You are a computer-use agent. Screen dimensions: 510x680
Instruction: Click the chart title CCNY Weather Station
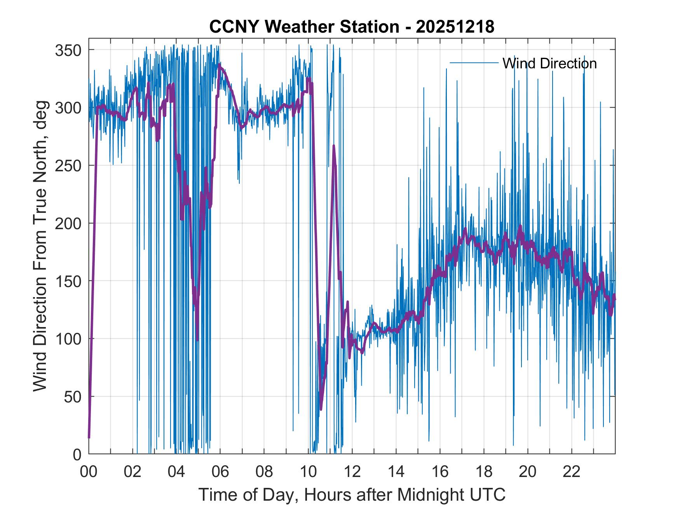pos(352,27)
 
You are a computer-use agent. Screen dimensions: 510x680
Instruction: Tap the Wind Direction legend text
pos(549,63)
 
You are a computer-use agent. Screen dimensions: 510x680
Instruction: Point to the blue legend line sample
pos(474,63)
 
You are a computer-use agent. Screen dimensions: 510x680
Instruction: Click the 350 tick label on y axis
pos(68,50)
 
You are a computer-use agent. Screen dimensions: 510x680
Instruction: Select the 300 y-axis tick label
pos(68,108)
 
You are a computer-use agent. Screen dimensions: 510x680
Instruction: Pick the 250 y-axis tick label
pos(68,165)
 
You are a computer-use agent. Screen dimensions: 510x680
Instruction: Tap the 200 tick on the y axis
pos(68,223)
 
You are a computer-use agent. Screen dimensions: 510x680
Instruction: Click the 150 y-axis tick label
pos(68,281)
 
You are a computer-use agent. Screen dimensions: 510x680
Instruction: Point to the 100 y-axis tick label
pos(68,339)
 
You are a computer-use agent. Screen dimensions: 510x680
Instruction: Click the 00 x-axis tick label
pos(89,472)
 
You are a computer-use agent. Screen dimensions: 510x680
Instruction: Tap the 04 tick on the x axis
pos(176,472)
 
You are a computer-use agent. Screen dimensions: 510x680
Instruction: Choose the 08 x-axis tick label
pos(264,472)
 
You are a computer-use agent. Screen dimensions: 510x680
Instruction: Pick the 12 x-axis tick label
pos(352,472)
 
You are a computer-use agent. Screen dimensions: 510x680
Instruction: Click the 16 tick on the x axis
pos(440,472)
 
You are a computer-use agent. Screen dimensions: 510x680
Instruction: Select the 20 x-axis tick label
pos(528,472)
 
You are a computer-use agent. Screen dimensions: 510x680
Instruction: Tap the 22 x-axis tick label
pos(572,472)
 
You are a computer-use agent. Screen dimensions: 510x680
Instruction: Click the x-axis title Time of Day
pos(352,494)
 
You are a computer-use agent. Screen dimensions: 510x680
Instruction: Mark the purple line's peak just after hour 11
pos(333,146)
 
